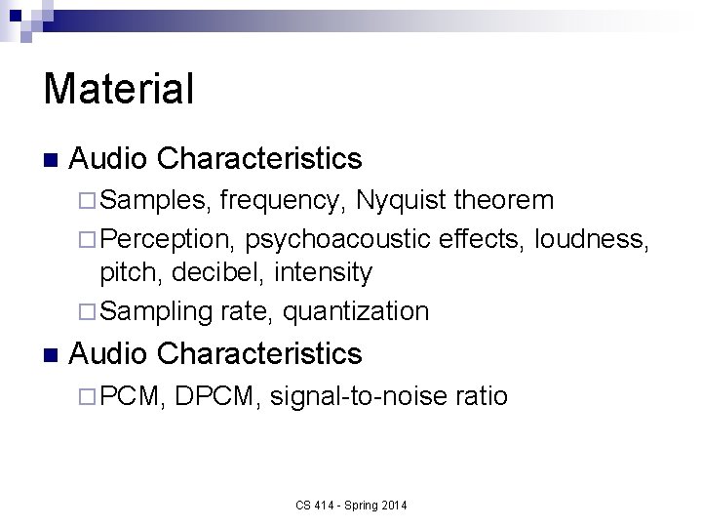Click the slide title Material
[x=119, y=88]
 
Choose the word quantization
[x=355, y=311]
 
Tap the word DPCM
[x=219, y=396]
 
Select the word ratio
[x=482, y=396]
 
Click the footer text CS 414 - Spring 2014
[x=352, y=505]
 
